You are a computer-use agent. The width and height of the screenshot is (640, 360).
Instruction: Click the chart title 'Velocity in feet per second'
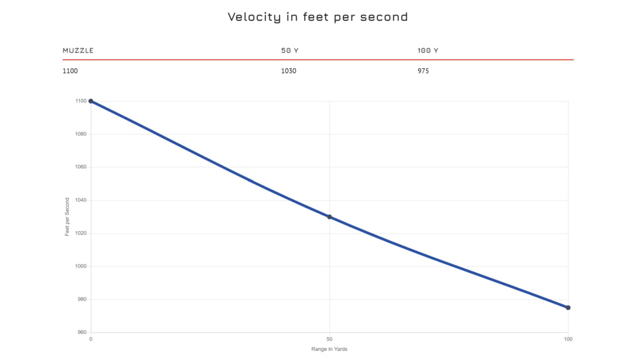[x=317, y=17]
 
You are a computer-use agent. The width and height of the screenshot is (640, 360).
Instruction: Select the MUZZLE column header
[x=78, y=50]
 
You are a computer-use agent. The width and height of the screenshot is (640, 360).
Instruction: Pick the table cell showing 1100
[x=70, y=71]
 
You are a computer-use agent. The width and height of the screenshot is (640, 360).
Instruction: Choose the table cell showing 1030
[x=289, y=71]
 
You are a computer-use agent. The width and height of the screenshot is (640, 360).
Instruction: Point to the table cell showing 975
[x=423, y=71]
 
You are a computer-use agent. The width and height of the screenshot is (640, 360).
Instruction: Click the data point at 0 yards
[x=90, y=101]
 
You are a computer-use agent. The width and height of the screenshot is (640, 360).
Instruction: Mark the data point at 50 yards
[x=329, y=217]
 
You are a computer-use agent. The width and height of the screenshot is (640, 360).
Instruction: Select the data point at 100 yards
[x=568, y=308]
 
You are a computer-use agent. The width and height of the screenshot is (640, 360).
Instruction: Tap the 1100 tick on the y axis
[x=80, y=101]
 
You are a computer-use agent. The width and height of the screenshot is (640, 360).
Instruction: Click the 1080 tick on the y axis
[x=80, y=134]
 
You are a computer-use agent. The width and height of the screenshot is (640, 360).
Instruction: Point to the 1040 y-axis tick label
[x=80, y=200]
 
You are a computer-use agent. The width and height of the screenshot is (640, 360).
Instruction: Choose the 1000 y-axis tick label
[x=80, y=266]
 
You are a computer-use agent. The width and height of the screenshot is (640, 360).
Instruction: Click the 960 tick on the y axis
[x=82, y=333]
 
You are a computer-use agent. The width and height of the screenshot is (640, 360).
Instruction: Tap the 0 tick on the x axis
[x=90, y=339]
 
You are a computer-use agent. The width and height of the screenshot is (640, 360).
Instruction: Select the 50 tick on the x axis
[x=329, y=339]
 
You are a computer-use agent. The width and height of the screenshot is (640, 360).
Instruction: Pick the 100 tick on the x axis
[x=568, y=339]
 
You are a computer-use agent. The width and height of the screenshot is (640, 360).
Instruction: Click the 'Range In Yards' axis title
[x=329, y=349]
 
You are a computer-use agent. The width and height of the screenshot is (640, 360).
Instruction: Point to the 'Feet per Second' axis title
[x=67, y=217]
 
